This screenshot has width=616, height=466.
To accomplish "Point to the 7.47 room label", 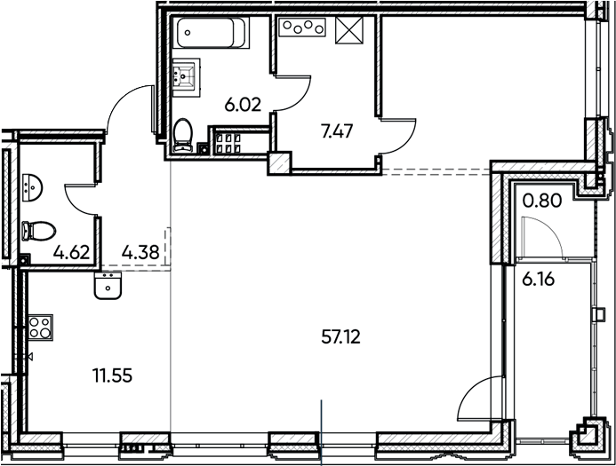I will coord(336,132).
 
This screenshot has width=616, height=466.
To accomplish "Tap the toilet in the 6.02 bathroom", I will coord(184,136).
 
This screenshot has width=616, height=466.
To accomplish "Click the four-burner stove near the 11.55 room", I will coord(40,327).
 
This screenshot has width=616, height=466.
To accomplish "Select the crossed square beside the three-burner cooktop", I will coord(349,29).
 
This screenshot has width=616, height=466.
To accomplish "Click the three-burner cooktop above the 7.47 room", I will coord(303,28).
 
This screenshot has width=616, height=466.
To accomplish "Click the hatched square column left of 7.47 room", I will coord(279,162).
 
